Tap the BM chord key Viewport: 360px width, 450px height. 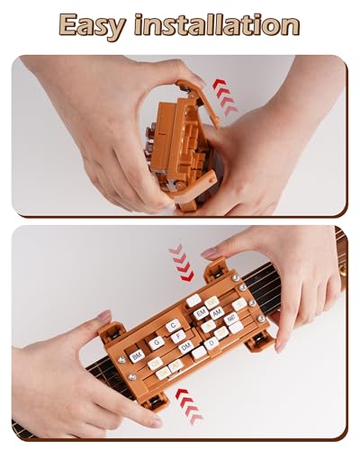pyautogui.click(x=137, y=356)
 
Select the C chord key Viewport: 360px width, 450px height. pyautogui.click(x=174, y=325)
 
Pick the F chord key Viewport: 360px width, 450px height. pyautogui.click(x=178, y=336)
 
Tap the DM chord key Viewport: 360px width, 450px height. pyautogui.click(x=185, y=346)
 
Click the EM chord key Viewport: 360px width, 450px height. pyautogui.click(x=201, y=311)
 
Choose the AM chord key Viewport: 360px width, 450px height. pyautogui.click(x=217, y=312)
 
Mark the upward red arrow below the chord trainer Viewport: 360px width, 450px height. pyautogui.click(x=189, y=405)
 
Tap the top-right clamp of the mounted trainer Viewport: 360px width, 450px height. pyautogui.click(x=217, y=270)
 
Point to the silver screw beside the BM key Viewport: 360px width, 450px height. pyautogui.click(x=121, y=360)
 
